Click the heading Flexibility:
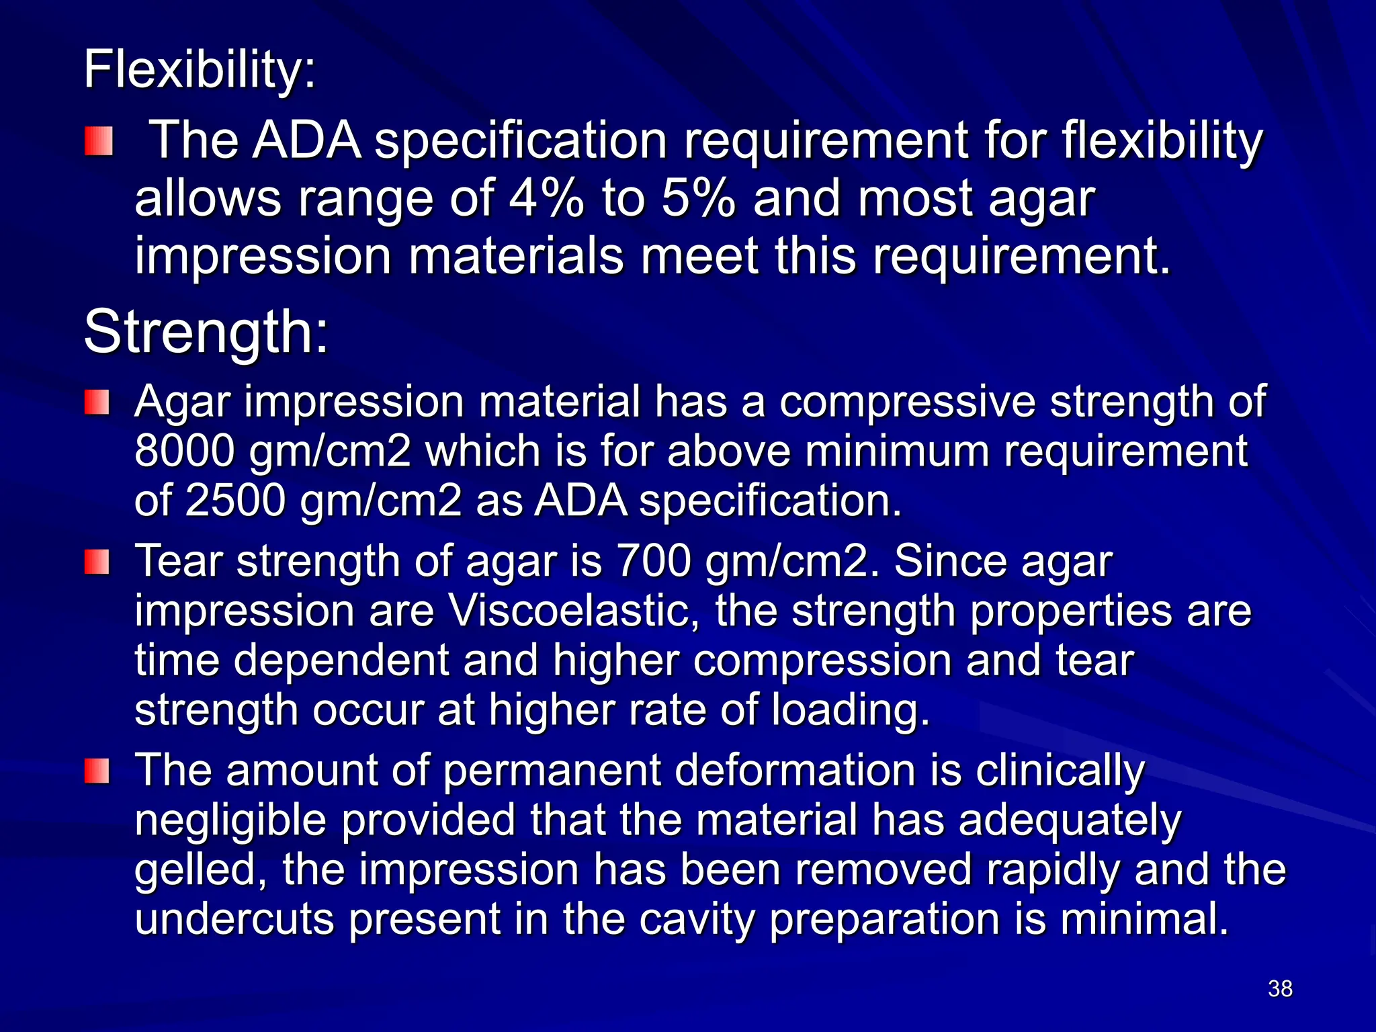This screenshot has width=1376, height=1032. coord(199,70)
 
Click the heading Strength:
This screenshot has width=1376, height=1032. coord(206,332)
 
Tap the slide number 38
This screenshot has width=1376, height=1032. coord(1280,988)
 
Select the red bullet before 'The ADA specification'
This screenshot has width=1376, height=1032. coord(98,142)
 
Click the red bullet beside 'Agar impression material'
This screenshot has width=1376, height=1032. coord(97,404)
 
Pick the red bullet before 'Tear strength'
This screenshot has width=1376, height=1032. coord(97,562)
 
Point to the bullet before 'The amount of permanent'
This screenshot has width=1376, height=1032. coord(97,771)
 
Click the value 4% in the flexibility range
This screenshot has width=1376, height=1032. coord(546,199)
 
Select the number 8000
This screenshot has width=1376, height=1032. coord(185,451)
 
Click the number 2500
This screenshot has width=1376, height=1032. coord(235,501)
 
